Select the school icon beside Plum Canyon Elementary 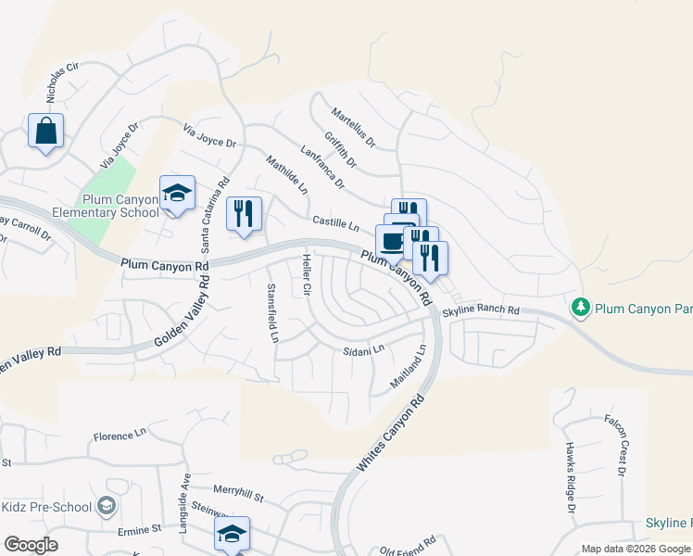tap(177, 194)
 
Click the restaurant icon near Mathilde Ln tap(244, 214)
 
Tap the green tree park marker tap(581, 306)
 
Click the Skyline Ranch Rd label tap(481, 311)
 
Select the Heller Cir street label tap(304, 275)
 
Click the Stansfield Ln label tap(272, 313)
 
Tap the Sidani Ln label tap(363, 351)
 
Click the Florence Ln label tap(120, 434)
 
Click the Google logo tap(31, 545)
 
